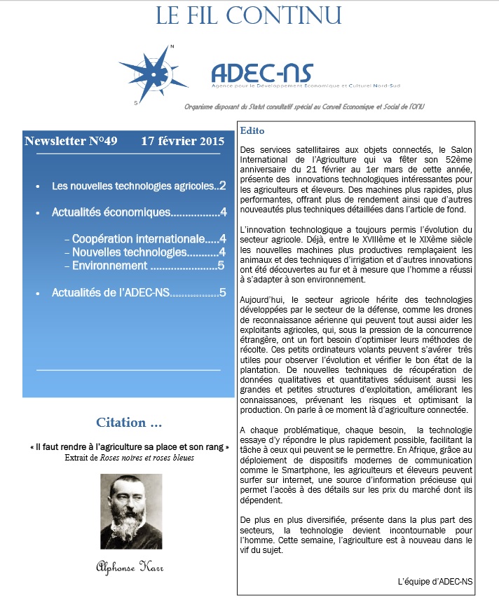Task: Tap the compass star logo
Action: tap(156, 71)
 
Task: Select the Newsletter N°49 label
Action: tap(71, 141)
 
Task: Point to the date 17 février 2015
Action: tap(182, 141)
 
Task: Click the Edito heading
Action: tap(252, 131)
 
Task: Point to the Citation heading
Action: tap(129, 423)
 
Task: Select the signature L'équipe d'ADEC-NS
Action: tap(435, 581)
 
